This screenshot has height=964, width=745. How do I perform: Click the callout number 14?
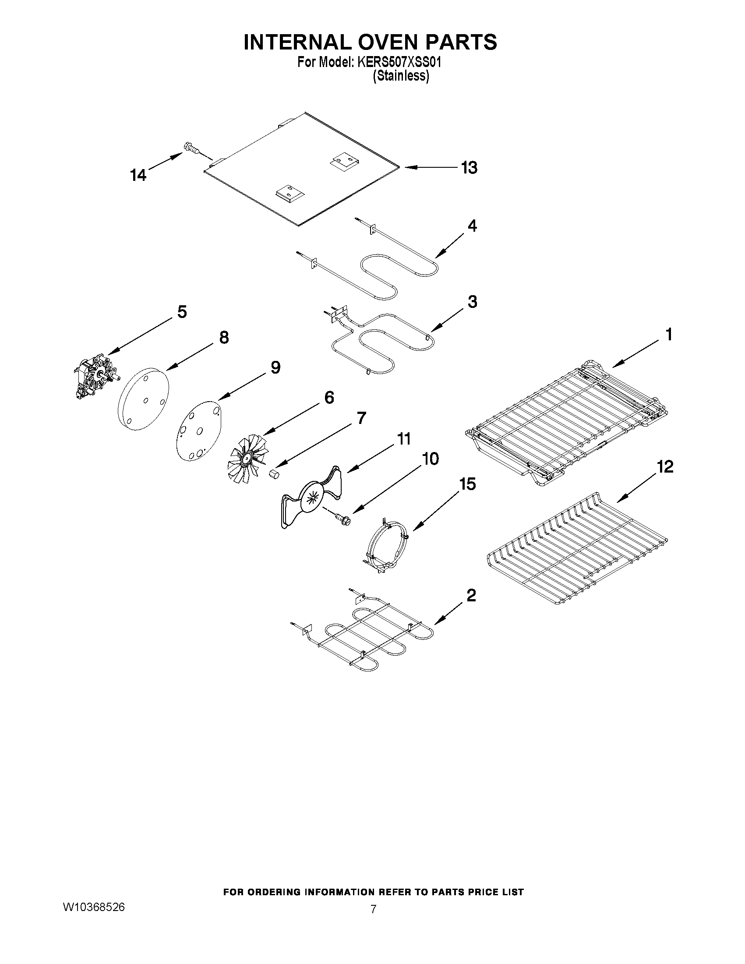pyautogui.click(x=138, y=175)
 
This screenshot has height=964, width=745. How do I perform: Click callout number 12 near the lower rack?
pyautogui.click(x=665, y=466)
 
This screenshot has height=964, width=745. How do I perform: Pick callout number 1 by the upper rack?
pyautogui.click(x=669, y=335)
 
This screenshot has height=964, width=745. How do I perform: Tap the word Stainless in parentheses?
pyautogui.click(x=401, y=76)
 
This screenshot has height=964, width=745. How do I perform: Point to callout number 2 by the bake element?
pyautogui.click(x=471, y=596)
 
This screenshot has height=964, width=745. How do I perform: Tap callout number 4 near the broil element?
pyautogui.click(x=472, y=226)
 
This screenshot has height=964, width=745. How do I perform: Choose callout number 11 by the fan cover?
pyautogui.click(x=403, y=439)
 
